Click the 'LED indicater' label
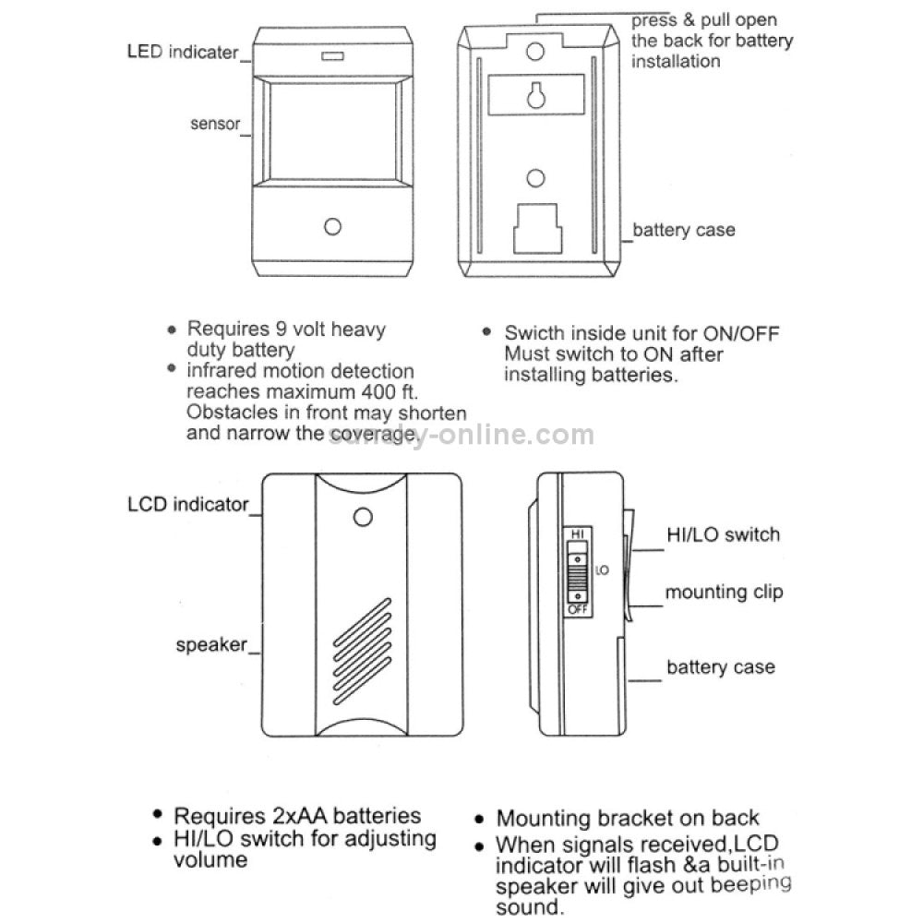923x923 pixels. click(182, 52)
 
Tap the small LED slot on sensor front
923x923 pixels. click(330, 57)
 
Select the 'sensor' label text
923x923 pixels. click(215, 123)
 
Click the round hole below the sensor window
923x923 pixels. click(331, 226)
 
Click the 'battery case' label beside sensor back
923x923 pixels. click(684, 230)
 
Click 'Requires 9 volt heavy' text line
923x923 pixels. click(286, 329)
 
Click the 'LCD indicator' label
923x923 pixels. click(188, 504)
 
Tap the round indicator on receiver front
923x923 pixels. click(363, 517)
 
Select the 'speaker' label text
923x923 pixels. click(211, 644)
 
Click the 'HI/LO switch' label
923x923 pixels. click(723, 534)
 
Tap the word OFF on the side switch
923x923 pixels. click(576, 611)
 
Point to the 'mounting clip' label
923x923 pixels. click(724, 592)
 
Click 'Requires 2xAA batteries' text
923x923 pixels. click(297, 816)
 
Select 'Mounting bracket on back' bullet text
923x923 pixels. click(628, 818)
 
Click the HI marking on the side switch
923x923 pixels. click(576, 534)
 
